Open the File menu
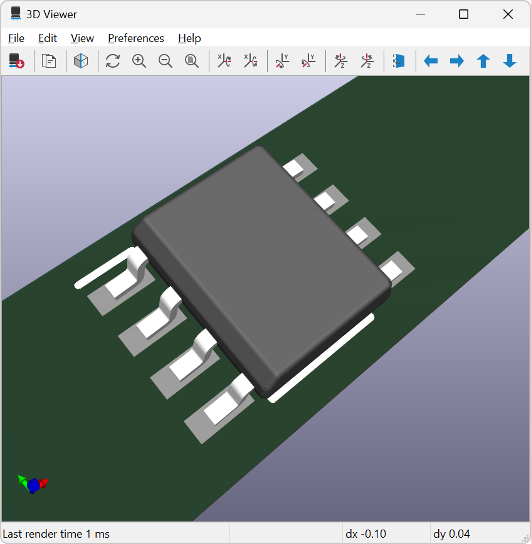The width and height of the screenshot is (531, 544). click(16, 38)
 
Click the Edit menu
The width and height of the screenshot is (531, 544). click(48, 38)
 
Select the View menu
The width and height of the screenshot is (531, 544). click(82, 38)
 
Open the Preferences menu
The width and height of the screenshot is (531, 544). click(135, 38)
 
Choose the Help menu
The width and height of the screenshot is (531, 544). click(189, 38)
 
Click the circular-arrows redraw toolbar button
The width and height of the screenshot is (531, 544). click(113, 61)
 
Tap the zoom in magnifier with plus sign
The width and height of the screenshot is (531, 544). click(139, 61)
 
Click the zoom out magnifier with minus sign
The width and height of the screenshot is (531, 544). click(166, 61)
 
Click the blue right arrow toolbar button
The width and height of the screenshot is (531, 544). click(457, 61)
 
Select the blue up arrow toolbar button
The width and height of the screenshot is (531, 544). click(483, 61)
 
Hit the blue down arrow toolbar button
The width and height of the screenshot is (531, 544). click(510, 61)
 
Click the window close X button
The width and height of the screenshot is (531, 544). click(508, 14)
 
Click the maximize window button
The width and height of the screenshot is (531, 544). click(463, 14)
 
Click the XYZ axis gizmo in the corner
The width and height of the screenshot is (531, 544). click(33, 484)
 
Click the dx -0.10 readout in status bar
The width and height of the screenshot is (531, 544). click(366, 534)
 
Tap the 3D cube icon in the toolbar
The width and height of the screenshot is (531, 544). click(81, 61)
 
